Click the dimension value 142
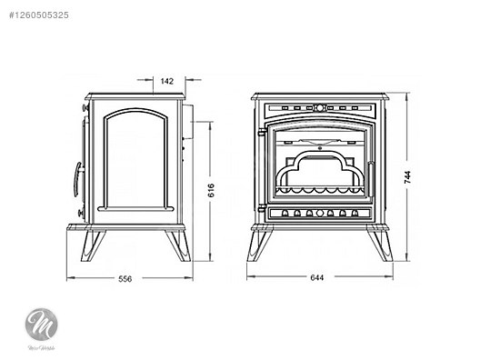pyautogui.click(x=166, y=81)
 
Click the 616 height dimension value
pyautogui.click(x=210, y=190)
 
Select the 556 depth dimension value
pyautogui.click(x=125, y=279)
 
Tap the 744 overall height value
pyautogui.click(x=420, y=177)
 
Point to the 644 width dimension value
pyautogui.click(x=318, y=278)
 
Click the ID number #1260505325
pyautogui.click(x=43, y=15)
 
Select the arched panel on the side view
pyautogui.click(x=136, y=158)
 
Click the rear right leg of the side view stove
pyautogui.click(x=175, y=244)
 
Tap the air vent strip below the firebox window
pyautogui.click(x=318, y=214)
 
